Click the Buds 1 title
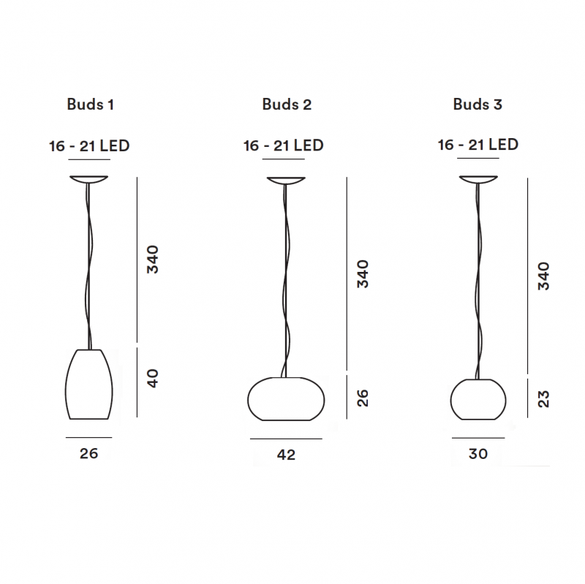click(x=90, y=105)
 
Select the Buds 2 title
click(x=287, y=105)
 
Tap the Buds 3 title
click(x=478, y=105)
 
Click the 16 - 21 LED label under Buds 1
click(x=89, y=145)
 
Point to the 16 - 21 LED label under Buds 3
click(x=478, y=145)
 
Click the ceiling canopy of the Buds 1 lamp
click(x=89, y=179)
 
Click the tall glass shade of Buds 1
click(x=89, y=384)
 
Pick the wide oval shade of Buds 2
click(x=285, y=399)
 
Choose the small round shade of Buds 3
click(x=478, y=399)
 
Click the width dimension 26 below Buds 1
click(x=88, y=454)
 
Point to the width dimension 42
click(x=286, y=455)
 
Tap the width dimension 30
click(x=478, y=454)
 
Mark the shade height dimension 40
click(x=152, y=379)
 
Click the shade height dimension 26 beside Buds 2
click(x=363, y=398)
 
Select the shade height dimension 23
click(x=543, y=398)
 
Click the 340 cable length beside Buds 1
click(x=152, y=259)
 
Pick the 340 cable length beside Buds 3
click(x=543, y=276)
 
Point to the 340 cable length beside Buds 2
click(x=363, y=274)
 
